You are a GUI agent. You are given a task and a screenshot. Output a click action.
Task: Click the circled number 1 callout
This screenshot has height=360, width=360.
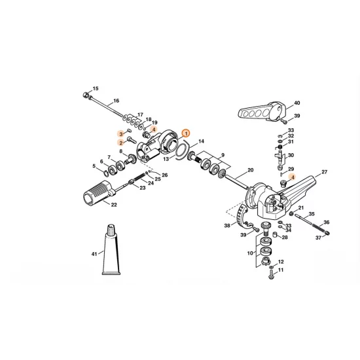[186, 134]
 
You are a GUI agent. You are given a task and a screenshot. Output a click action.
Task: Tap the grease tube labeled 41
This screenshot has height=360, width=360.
[111, 250]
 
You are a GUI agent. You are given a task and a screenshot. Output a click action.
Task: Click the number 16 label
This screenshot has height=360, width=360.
[116, 101]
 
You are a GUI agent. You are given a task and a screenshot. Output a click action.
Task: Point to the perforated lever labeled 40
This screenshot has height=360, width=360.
[262, 111]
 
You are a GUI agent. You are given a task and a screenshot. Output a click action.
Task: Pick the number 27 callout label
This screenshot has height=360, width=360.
[324, 172]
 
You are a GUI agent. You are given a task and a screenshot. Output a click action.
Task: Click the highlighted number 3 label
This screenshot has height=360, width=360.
[121, 134]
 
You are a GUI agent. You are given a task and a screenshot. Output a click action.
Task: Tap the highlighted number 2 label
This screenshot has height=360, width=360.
[121, 143]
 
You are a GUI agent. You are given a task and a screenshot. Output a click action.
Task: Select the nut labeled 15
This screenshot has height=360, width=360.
[85, 94]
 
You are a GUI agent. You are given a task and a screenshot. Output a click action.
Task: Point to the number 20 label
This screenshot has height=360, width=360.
[251, 170]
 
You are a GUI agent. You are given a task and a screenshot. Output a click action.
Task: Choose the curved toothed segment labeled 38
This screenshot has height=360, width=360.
[242, 215]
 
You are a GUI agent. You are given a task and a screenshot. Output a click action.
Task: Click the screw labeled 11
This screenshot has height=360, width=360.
[271, 275]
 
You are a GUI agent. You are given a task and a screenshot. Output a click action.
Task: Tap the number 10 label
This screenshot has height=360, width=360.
[250, 253]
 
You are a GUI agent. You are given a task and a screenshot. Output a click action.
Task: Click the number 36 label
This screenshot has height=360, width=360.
[327, 223]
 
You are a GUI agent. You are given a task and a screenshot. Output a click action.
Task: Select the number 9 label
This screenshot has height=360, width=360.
[223, 155]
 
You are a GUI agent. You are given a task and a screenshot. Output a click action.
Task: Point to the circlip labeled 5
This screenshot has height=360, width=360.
[106, 173]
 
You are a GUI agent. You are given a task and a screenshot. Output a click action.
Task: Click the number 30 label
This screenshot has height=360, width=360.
[291, 155]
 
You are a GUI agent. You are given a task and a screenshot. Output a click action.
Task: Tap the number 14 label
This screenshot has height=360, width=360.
[201, 141]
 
